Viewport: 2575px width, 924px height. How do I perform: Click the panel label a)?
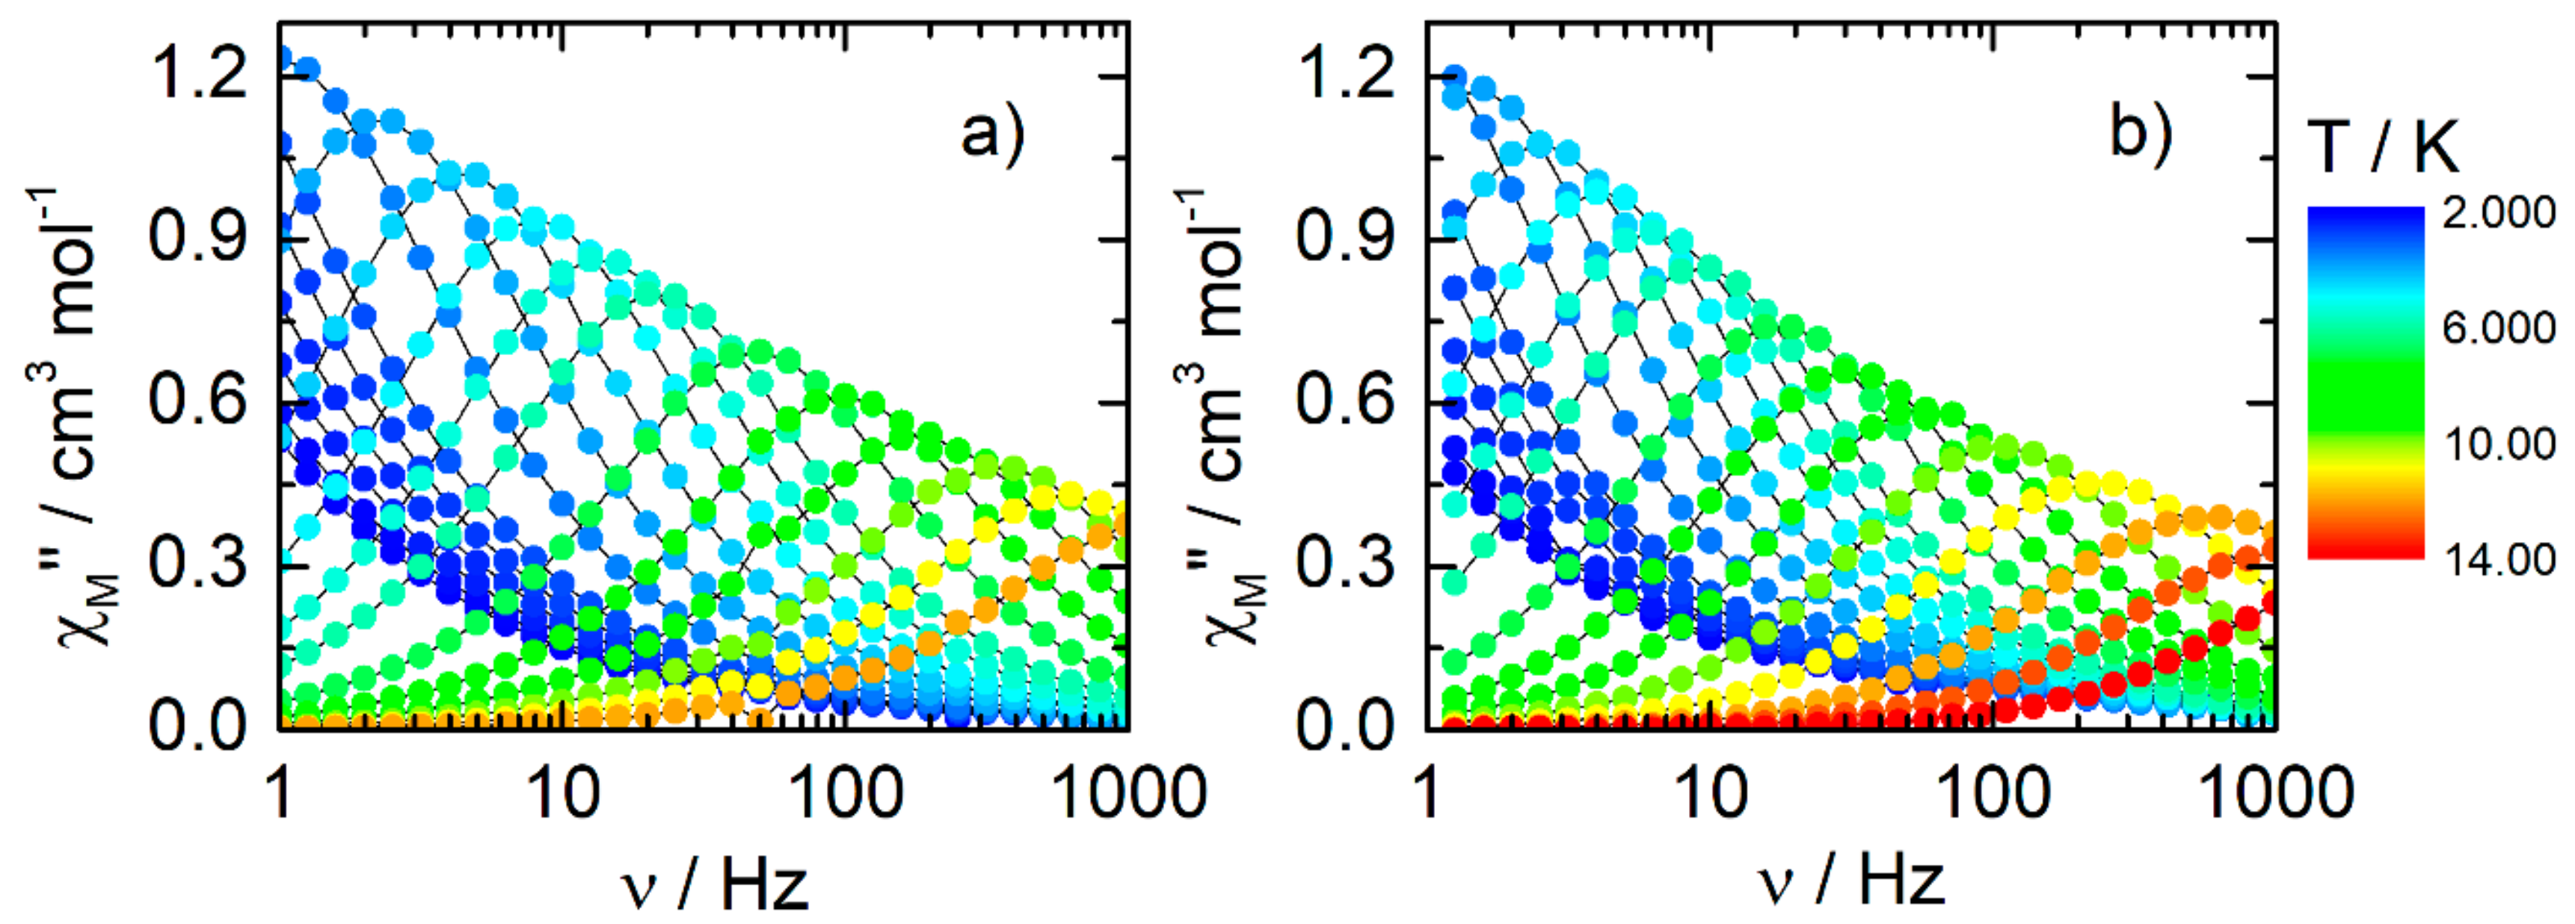(991, 133)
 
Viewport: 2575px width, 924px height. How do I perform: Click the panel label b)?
(2140, 133)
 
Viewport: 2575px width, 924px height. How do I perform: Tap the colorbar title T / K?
(2385, 149)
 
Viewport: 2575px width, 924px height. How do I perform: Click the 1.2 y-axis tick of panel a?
(198, 75)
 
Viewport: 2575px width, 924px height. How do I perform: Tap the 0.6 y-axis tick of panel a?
(198, 402)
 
